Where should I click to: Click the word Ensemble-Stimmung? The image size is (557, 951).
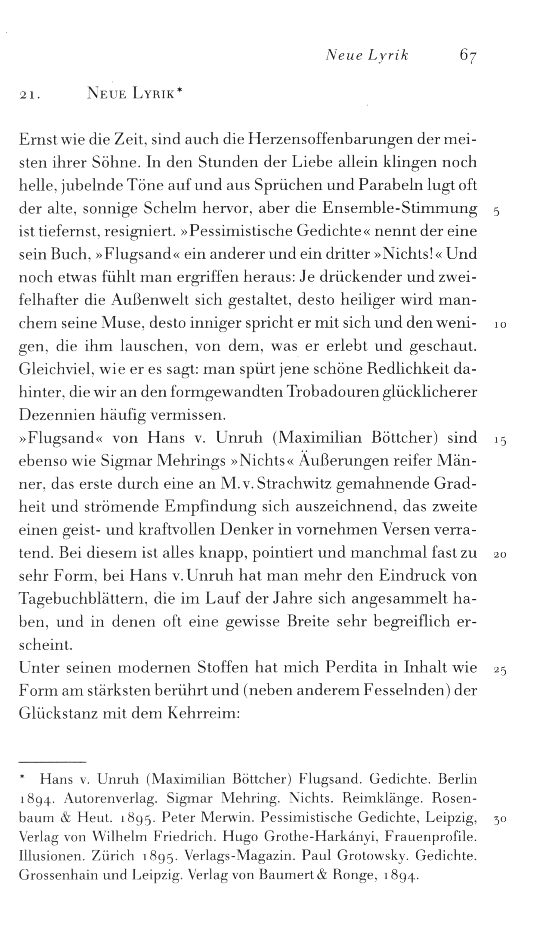(400, 209)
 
